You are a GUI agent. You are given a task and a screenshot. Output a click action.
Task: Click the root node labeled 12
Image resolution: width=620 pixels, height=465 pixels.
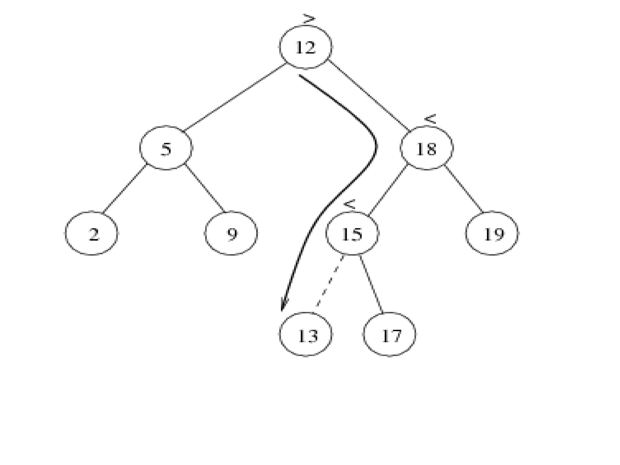(x=305, y=47)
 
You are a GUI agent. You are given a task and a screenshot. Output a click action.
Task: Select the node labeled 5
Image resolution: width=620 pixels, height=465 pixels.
(x=166, y=148)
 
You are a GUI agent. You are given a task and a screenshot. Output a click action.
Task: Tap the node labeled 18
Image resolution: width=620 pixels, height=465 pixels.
(x=427, y=148)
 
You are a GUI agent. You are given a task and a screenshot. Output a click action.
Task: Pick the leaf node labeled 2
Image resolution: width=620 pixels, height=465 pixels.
(x=92, y=233)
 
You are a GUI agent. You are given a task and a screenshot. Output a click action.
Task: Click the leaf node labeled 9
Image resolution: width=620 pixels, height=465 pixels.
(x=231, y=233)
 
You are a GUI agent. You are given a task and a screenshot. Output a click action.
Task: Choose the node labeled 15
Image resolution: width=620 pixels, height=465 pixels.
(x=352, y=233)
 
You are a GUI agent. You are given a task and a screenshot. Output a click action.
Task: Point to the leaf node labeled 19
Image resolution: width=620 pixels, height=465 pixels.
(x=492, y=233)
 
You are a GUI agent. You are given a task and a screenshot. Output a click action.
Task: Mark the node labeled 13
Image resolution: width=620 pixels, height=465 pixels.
(x=305, y=335)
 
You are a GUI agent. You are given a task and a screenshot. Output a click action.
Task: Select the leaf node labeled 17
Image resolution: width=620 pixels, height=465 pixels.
(x=389, y=335)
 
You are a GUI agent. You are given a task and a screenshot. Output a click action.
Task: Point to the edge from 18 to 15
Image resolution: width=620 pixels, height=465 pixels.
(x=389, y=190)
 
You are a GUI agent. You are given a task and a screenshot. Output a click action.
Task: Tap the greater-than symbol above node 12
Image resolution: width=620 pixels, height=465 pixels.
(x=309, y=19)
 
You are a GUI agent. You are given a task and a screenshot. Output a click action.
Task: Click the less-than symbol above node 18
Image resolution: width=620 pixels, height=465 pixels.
(x=430, y=119)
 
